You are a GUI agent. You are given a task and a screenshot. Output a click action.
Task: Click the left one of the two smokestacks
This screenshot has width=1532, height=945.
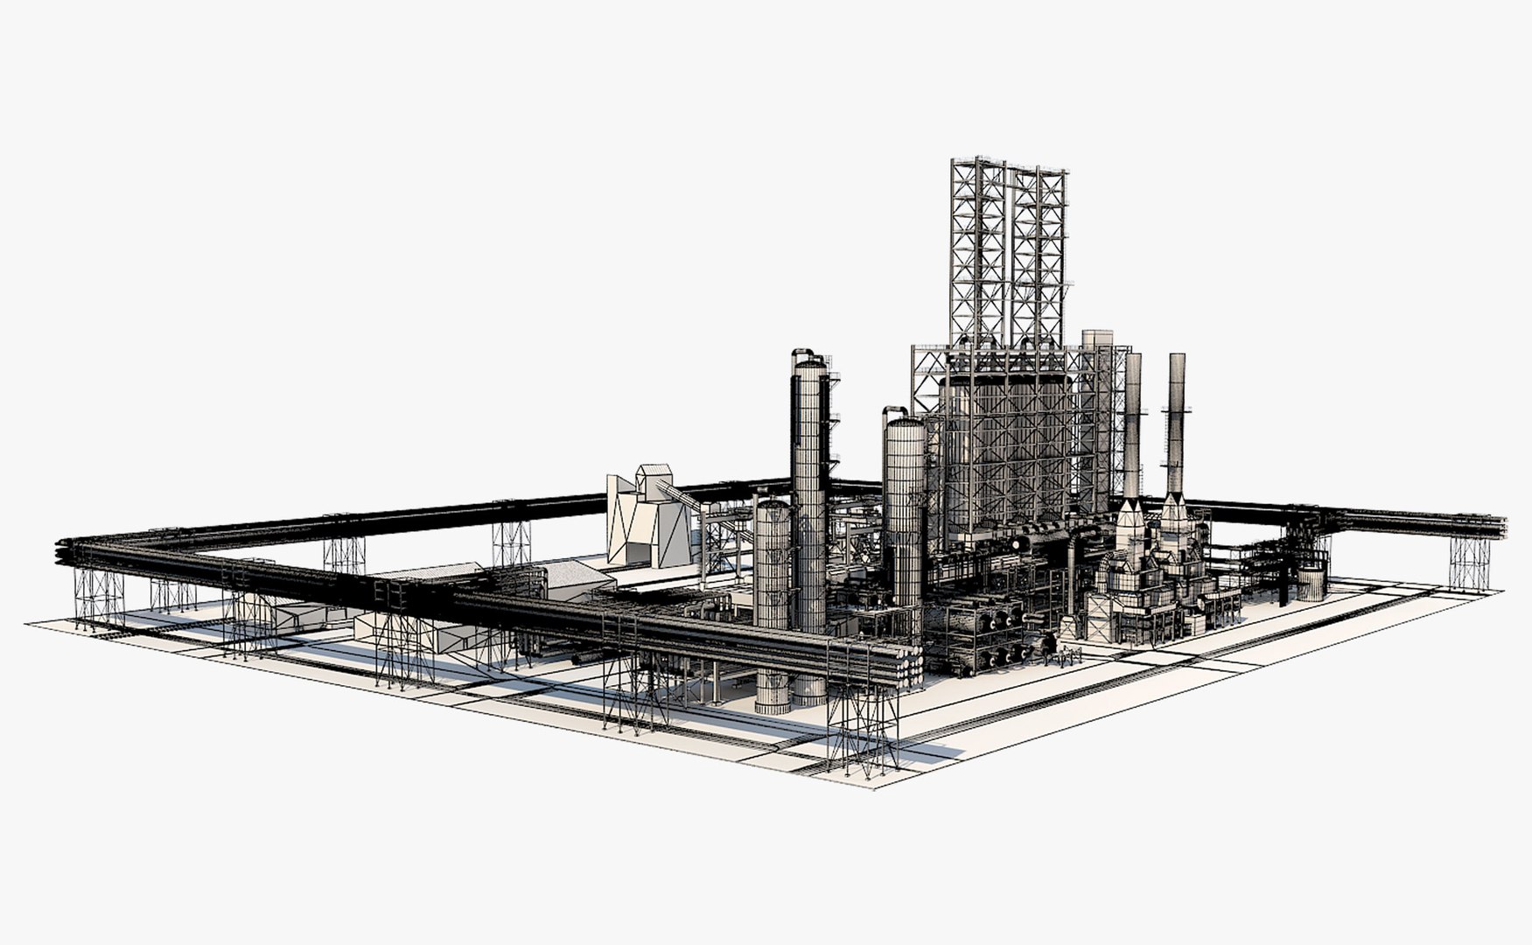click(x=1132, y=420)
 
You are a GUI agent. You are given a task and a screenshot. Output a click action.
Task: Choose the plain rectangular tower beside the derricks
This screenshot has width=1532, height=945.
click(x=1096, y=385)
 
